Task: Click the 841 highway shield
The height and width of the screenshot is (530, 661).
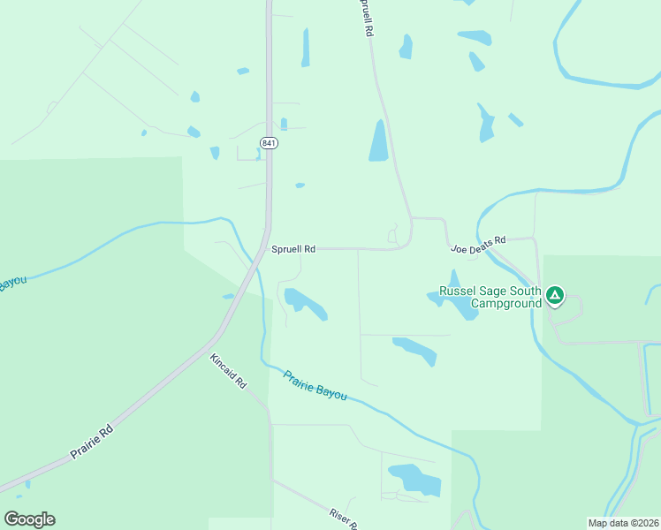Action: click(x=269, y=142)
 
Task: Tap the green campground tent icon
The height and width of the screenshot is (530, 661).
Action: click(x=554, y=295)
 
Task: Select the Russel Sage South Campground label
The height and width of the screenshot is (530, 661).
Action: click(x=490, y=297)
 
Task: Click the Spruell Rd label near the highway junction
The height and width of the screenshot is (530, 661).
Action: click(x=293, y=249)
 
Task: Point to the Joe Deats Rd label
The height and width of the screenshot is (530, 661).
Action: click(x=478, y=244)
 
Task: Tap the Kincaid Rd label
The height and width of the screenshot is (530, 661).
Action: click(x=228, y=371)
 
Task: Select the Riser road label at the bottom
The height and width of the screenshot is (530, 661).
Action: click(x=342, y=519)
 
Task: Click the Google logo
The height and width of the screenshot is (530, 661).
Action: click(x=29, y=519)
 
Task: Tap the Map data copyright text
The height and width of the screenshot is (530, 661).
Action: click(x=623, y=523)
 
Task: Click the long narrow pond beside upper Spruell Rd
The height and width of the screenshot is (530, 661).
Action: click(x=379, y=141)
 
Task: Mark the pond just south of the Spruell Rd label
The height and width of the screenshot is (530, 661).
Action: click(x=305, y=303)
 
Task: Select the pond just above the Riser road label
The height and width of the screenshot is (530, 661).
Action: click(x=414, y=478)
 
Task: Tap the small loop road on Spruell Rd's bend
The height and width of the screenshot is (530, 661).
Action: click(x=395, y=235)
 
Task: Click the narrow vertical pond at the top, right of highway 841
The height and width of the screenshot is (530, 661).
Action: click(x=306, y=48)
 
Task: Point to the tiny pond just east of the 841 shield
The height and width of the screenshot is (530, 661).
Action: click(x=284, y=125)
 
